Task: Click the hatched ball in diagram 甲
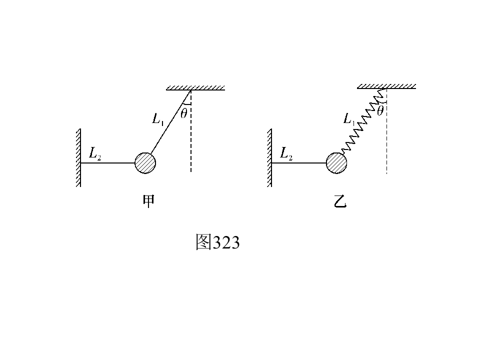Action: click(145, 163)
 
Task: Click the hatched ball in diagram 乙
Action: click(336, 163)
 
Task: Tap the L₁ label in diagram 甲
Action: click(158, 119)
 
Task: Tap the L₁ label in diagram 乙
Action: click(349, 119)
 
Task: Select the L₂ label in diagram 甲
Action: click(95, 153)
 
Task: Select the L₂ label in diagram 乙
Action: click(286, 153)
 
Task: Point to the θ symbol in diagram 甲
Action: click(183, 113)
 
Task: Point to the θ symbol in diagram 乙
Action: click(380, 110)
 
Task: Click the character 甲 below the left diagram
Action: click(149, 201)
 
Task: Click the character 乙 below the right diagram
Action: click(340, 201)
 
